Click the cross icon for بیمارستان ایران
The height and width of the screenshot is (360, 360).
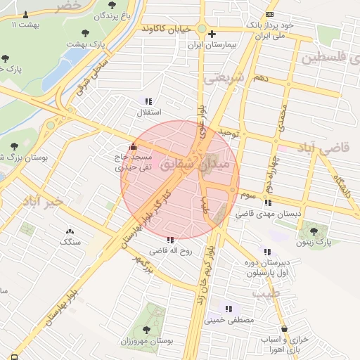point(211,34)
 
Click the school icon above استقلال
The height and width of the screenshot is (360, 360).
point(148,101)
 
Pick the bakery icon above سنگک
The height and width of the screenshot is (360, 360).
point(70,231)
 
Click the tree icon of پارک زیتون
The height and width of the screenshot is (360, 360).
point(313,231)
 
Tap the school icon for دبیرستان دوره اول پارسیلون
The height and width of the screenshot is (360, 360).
point(266,252)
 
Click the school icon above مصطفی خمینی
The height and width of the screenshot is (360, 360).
point(227,308)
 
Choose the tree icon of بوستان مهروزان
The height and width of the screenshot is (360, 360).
point(146,329)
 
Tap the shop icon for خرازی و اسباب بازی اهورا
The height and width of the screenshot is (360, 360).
point(283,328)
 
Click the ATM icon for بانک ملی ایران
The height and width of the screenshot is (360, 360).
point(270,15)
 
